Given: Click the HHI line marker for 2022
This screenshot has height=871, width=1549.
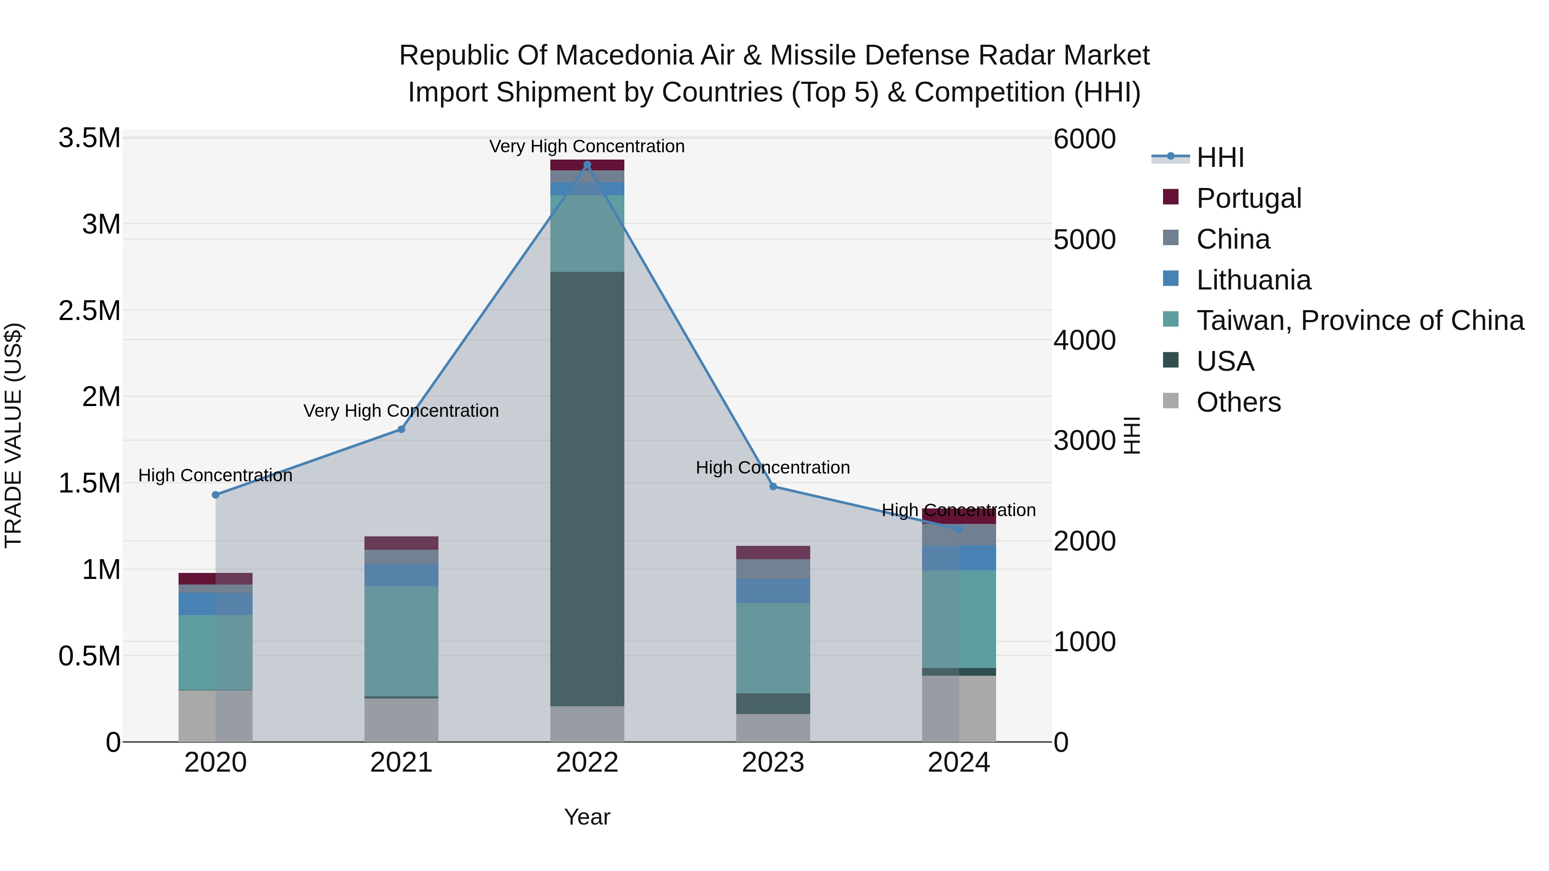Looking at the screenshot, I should tap(587, 165).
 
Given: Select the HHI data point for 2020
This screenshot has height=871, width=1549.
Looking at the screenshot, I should tap(215, 495).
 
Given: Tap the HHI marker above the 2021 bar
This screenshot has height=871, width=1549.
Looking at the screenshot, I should tap(401, 429).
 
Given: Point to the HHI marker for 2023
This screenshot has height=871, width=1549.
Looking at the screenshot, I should tap(773, 486).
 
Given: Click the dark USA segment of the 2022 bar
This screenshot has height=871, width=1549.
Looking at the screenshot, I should tap(587, 488).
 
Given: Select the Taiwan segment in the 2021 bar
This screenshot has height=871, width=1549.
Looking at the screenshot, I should tap(401, 641).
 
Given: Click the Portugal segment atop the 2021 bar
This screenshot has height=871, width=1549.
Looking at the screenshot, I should tap(401, 543).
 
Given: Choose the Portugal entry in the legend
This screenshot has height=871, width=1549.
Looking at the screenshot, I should tap(1248, 198).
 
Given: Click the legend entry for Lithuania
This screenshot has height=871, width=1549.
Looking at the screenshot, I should tap(1253, 280).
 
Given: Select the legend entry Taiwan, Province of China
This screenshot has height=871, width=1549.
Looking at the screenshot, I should tap(1360, 320).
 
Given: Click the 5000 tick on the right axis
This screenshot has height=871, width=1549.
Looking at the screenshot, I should tap(1084, 240).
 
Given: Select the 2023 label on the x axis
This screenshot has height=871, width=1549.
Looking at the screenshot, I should tap(773, 763).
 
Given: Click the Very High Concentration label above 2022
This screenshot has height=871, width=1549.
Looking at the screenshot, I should tap(587, 146).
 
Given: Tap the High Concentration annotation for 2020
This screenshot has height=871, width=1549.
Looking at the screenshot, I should tap(215, 475).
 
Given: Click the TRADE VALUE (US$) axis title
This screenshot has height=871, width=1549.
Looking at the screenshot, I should tap(13, 435).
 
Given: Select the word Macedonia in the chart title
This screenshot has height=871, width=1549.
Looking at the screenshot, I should tap(622, 55).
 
